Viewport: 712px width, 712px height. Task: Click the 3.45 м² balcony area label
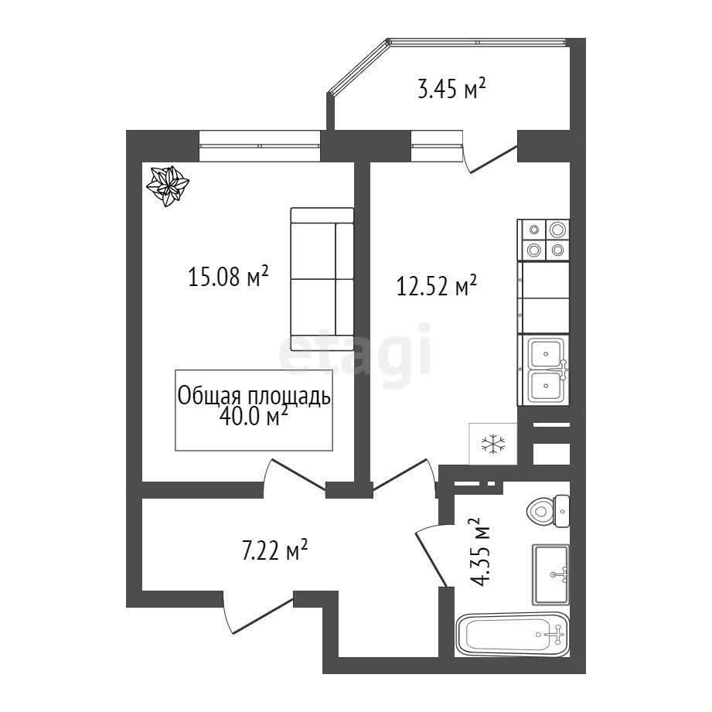point(451,88)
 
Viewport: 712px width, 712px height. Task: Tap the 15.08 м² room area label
point(228,276)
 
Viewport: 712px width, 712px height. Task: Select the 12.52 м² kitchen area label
point(436,285)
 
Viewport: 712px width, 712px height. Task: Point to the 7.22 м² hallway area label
point(274,550)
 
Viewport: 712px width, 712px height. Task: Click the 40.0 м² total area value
point(254,416)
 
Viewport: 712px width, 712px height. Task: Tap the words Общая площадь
point(254,396)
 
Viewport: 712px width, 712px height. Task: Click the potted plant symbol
point(167,186)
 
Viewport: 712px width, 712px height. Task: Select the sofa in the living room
point(322,279)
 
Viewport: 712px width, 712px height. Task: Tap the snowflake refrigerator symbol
point(492,444)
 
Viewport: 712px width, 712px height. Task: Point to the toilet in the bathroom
point(548,511)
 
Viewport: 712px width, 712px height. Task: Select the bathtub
point(512,635)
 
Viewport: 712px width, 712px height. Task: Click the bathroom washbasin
point(550,574)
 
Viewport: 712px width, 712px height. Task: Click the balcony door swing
point(489,154)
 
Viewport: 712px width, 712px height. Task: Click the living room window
point(261,146)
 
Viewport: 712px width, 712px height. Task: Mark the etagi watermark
point(355,355)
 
